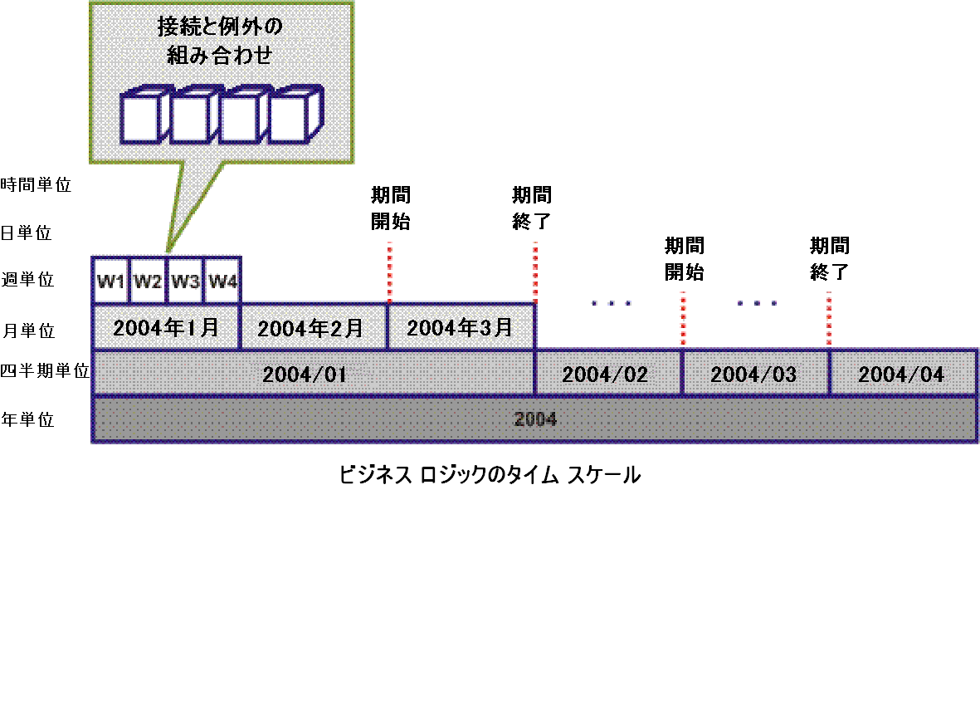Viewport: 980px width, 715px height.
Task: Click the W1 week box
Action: pos(110,281)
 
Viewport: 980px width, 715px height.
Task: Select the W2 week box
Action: pos(148,281)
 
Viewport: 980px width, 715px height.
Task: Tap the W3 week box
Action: pos(185,281)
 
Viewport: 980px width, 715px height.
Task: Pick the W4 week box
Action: pos(222,281)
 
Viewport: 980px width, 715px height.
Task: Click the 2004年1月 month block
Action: pos(166,327)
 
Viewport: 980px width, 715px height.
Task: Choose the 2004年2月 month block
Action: pos(313,327)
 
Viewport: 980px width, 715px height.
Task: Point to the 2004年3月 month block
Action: pos(461,327)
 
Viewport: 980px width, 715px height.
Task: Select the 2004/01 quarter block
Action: pos(304,374)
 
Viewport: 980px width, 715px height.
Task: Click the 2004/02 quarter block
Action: pos(607,374)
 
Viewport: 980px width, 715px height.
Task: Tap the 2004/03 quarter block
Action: pos(754,374)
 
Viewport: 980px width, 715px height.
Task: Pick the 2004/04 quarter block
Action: pos(902,374)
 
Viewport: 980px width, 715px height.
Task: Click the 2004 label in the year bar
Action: pos(534,419)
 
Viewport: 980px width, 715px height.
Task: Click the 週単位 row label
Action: pos(27,280)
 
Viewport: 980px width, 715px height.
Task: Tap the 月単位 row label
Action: pos(27,330)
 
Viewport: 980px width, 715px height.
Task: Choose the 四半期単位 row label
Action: pos(45,371)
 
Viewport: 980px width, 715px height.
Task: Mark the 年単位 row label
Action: pos(27,419)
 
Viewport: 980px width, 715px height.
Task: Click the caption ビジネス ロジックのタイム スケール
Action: pos(490,475)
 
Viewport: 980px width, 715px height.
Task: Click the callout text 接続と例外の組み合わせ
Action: pos(220,42)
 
